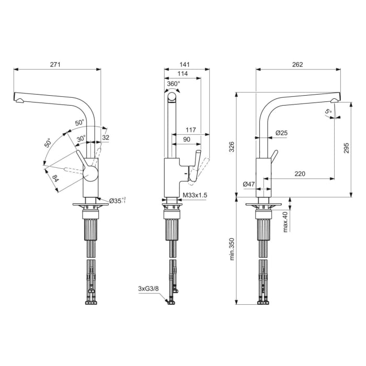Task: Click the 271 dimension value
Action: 56,64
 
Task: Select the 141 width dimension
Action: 185,64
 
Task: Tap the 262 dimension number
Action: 297,64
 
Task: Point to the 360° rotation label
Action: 173,83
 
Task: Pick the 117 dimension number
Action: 190,130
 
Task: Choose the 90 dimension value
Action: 187,139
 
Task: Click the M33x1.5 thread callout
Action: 195,196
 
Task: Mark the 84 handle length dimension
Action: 55,180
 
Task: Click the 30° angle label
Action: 82,139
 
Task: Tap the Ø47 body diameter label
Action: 249,184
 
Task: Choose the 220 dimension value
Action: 300,174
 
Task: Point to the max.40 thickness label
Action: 286,222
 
